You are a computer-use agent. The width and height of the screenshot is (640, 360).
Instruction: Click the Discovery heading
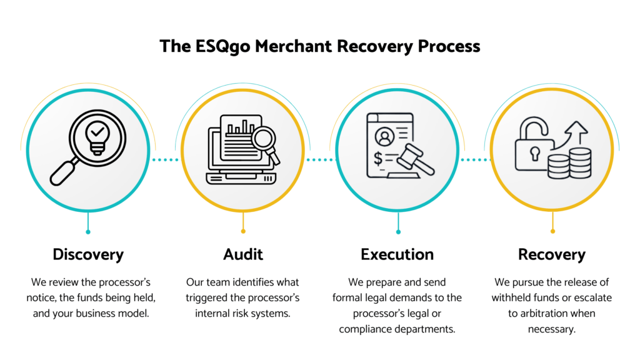coord(88,254)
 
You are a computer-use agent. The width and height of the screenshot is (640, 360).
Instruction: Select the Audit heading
coord(243,254)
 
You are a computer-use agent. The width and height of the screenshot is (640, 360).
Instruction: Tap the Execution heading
coord(397,254)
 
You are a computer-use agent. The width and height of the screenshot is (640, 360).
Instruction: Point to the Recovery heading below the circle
coord(552,254)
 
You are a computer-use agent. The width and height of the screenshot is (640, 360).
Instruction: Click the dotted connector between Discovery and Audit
coord(165,160)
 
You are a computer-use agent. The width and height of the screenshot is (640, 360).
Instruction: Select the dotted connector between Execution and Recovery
coord(475,160)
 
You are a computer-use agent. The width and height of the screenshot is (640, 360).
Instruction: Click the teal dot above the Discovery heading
coord(88,232)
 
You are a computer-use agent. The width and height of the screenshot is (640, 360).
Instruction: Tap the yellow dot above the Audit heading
coord(243,232)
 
